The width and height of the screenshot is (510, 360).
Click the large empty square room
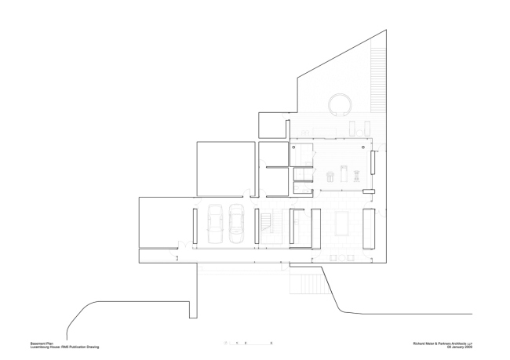(224, 168)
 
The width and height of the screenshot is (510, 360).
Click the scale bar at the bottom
(247, 344)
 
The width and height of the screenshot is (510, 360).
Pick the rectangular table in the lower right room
(343, 224)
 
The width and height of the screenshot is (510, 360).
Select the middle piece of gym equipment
(344, 172)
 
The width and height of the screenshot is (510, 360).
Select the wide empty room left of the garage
(165, 223)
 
